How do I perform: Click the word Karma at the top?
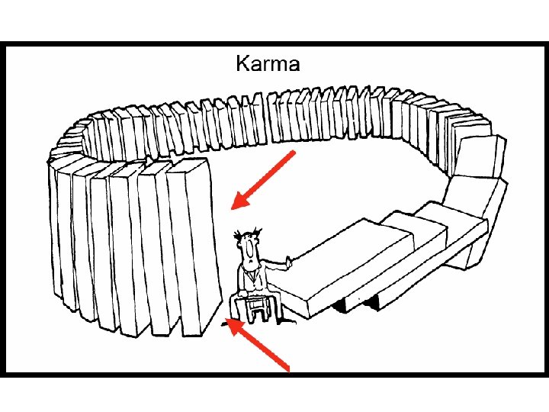click(x=268, y=63)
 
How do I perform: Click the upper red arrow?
click(x=262, y=180)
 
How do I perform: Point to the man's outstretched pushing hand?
click(x=289, y=262)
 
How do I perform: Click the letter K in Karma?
click(x=242, y=63)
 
